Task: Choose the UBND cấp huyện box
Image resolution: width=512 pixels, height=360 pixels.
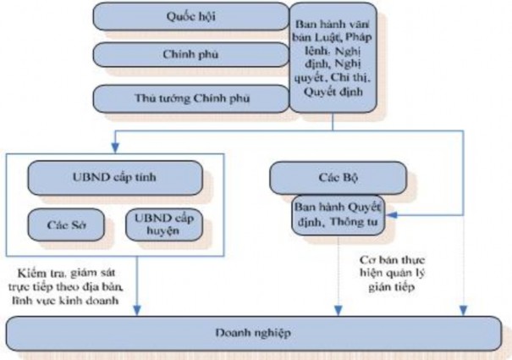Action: click(x=163, y=224)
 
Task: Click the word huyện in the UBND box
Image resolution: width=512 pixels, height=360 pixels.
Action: click(x=163, y=230)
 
